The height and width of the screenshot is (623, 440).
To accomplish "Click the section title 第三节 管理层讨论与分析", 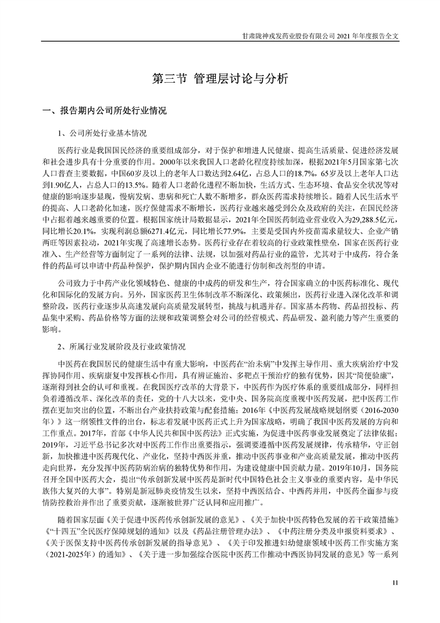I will click(220, 78).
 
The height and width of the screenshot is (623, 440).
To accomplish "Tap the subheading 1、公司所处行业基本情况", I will click(103, 133).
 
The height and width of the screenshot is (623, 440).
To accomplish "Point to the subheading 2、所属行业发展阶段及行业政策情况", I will click(122, 345).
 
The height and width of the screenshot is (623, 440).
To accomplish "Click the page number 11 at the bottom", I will click(395, 582).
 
